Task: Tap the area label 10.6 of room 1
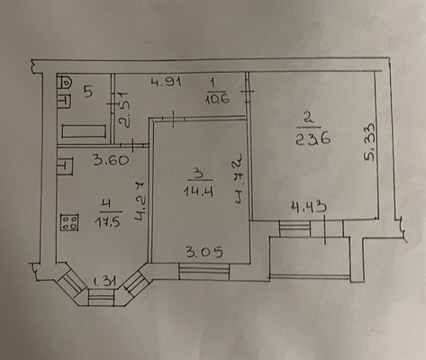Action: pyautogui.click(x=216, y=100)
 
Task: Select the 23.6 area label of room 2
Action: pyautogui.click(x=306, y=139)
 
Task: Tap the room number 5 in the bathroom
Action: pyautogui.click(x=88, y=90)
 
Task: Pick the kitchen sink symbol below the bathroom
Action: pyautogui.click(x=65, y=167)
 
